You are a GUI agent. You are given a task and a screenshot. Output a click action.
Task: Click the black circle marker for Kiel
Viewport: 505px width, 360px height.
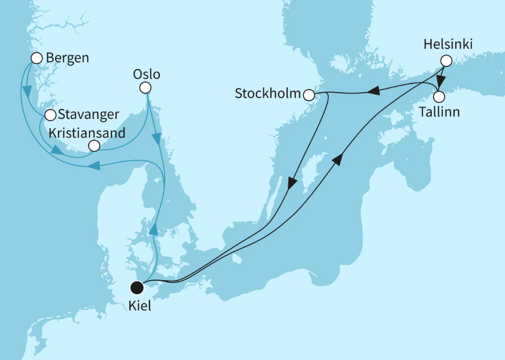[138, 288]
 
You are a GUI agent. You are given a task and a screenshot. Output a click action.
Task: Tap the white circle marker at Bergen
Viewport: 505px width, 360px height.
[37, 58]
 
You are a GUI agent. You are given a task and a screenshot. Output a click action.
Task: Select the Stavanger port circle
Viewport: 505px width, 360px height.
[50, 115]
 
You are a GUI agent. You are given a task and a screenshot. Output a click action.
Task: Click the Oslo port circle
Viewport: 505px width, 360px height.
[145, 88]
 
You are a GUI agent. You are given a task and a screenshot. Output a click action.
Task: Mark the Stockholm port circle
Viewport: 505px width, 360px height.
[309, 95]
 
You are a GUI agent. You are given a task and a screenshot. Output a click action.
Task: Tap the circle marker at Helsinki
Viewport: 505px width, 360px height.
[445, 61]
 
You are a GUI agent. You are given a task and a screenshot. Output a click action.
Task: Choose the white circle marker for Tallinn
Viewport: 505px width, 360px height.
[439, 97]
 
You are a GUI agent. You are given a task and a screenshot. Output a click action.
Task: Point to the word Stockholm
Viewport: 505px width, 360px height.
[268, 94]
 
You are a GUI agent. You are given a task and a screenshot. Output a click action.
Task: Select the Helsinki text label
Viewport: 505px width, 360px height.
[448, 45]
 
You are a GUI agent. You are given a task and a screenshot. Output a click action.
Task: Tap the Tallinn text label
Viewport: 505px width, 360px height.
[439, 112]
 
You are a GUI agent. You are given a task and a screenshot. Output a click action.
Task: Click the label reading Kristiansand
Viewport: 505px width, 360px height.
[86, 132]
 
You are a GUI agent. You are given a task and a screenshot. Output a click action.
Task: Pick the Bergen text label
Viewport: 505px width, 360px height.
[67, 58]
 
